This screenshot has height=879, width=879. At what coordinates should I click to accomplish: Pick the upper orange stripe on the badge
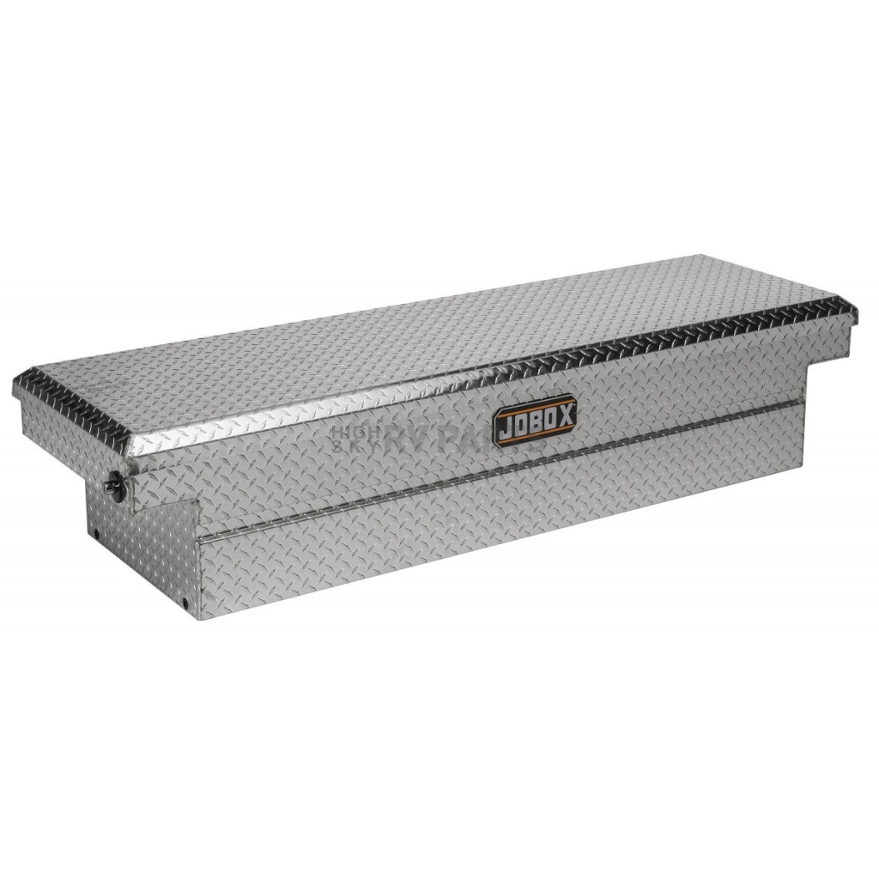pyautogui.click(x=535, y=404)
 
